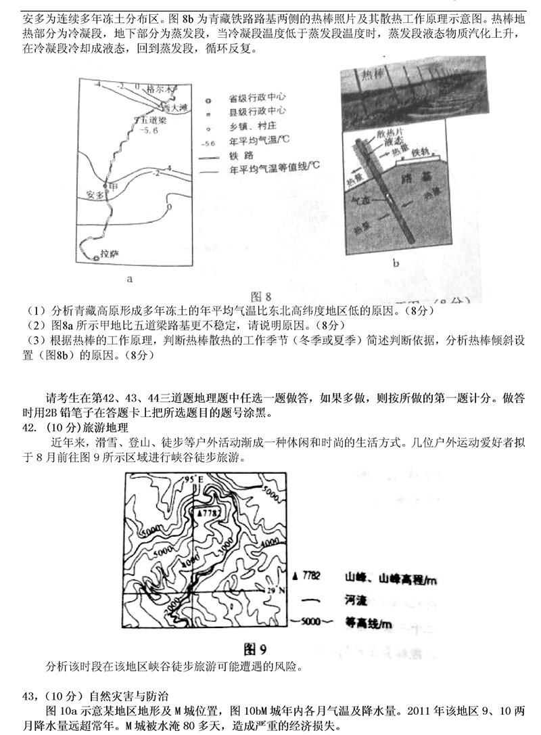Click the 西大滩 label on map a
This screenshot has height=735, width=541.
click(x=172, y=107)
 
